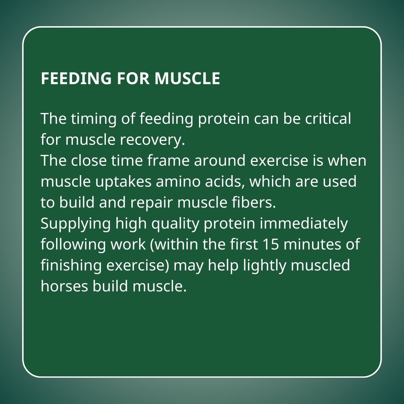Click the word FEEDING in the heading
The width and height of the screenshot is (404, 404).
click(x=76, y=78)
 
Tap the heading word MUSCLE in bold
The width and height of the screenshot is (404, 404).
click(x=187, y=78)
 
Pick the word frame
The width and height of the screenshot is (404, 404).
click(x=168, y=160)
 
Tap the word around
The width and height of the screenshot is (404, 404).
click(x=220, y=160)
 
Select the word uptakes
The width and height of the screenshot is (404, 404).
click(x=123, y=182)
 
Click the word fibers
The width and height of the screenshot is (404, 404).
click(x=252, y=202)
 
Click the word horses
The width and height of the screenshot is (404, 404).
click(x=64, y=287)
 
